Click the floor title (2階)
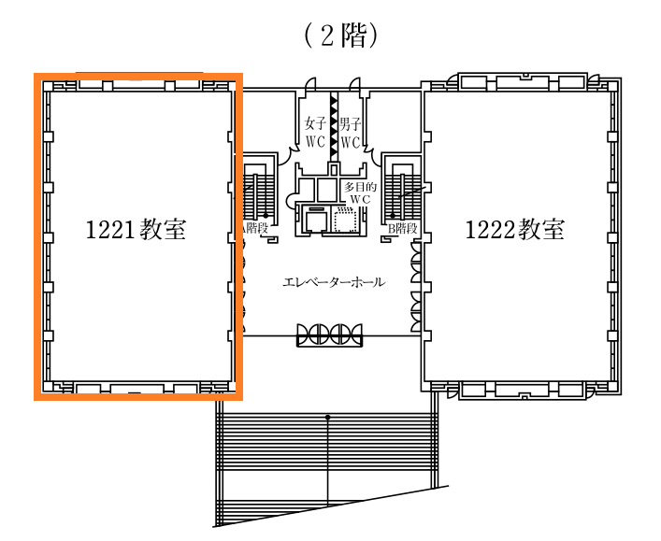coord(340,36)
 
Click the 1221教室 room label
coord(136,230)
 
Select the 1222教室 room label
coord(515,230)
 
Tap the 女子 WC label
coord(315,133)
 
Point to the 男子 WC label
coord(351,133)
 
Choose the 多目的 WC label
coord(361,193)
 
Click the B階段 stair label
coord(403,229)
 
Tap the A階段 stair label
coord(254,229)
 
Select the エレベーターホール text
coord(334,282)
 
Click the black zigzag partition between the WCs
coord(334,126)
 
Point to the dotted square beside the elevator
coord(346,220)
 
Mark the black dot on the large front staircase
coord(327,417)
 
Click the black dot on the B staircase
coord(393,216)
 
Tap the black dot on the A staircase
coord(266,216)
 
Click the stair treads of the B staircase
coord(402,190)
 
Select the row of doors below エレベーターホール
coord(329,335)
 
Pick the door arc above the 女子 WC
coord(310,82)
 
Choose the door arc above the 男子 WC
coord(355,82)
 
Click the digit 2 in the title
coord(327,36)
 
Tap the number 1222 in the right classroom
coord(490,230)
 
